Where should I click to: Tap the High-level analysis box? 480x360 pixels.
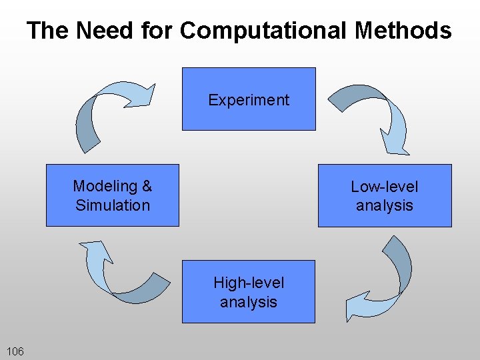[248, 313]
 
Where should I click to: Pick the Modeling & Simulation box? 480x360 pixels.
[112, 217]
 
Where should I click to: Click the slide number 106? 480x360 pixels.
[15, 351]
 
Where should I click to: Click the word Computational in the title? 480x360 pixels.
[263, 31]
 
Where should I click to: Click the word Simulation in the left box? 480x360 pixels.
[113, 205]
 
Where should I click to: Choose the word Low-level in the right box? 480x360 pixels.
[385, 187]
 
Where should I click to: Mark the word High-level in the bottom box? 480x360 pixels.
[249, 283]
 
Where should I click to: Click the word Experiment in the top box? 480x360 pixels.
[249, 100]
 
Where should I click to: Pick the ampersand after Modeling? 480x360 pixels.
[147, 186]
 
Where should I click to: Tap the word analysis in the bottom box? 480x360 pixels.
[249, 302]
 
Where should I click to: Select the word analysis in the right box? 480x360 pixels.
[385, 205]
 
